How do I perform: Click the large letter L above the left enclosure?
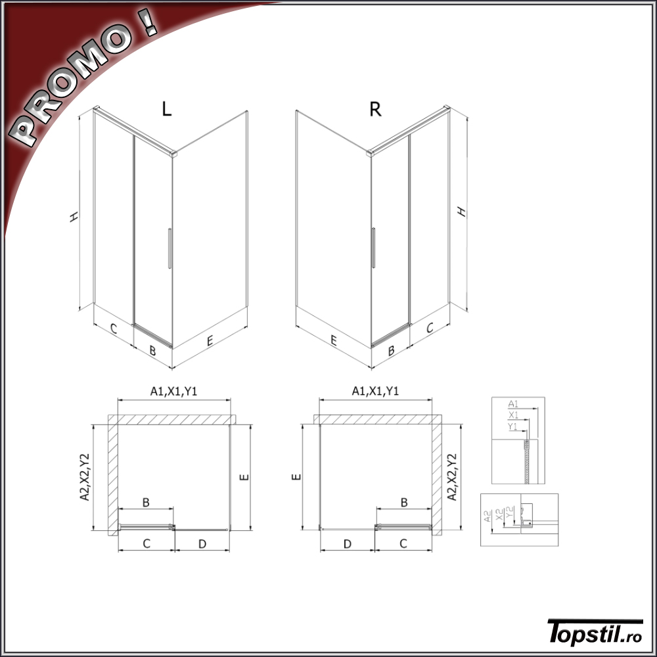167,109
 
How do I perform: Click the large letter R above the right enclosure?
375,109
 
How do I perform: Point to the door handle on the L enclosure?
170,248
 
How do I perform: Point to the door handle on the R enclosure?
373,247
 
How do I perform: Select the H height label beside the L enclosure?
74,217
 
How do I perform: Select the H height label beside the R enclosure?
461,212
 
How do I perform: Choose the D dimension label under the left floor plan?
202,544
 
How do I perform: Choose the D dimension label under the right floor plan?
348,544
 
